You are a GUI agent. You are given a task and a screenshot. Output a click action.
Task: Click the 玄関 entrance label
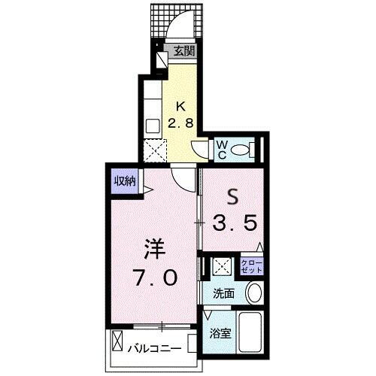(x=185, y=52)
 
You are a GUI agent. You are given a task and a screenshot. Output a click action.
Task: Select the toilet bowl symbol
(x=242, y=150)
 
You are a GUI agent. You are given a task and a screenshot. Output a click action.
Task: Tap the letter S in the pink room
(x=232, y=197)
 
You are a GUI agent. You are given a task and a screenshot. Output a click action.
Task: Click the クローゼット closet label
(x=251, y=265)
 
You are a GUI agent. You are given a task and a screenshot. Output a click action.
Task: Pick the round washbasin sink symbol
(x=253, y=292)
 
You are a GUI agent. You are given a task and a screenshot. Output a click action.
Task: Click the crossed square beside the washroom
(x=220, y=265)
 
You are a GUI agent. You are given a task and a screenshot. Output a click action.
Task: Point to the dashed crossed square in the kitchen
(x=157, y=151)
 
